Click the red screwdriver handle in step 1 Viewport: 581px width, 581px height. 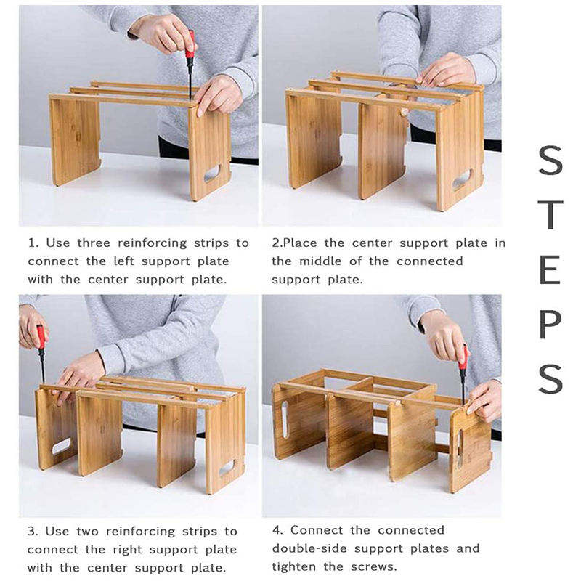(190, 44)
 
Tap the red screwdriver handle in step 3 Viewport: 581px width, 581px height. (41, 337)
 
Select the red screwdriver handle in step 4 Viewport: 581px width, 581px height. (463, 357)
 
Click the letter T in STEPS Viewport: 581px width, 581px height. (550, 215)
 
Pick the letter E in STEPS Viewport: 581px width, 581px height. (549, 269)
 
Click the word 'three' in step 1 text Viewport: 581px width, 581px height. (94, 243)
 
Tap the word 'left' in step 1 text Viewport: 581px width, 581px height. (123, 261)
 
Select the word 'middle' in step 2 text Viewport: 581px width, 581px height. (320, 261)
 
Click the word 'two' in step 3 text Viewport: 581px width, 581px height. (87, 532)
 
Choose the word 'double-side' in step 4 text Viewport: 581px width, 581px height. (309, 548)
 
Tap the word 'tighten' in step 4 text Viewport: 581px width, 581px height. (294, 567)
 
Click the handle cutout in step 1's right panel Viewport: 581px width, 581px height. (212, 174)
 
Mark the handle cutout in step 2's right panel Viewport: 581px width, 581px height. (462, 179)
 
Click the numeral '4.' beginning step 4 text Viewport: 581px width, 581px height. (277, 530)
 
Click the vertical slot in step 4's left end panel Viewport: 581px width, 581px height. (285, 420)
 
